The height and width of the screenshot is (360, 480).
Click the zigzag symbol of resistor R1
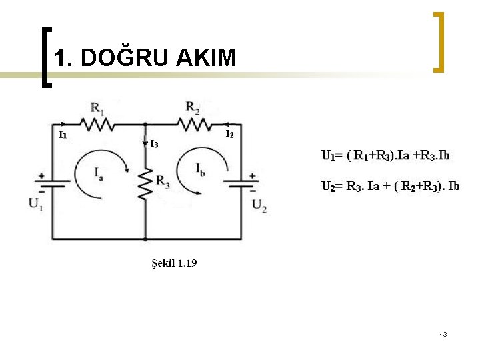coord(97,123)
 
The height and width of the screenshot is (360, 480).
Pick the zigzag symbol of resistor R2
coord(193,123)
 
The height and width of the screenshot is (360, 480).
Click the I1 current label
coord(63,135)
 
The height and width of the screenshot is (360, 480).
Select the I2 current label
coord(229,134)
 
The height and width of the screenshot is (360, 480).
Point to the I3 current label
coord(153,143)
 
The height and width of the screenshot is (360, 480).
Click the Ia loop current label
coord(99,175)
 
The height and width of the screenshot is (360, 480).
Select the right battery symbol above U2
coord(241,182)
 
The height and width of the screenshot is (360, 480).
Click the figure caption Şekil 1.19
coord(172,263)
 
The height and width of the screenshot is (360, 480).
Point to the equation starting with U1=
coord(385,156)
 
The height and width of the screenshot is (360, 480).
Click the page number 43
coord(443,334)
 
